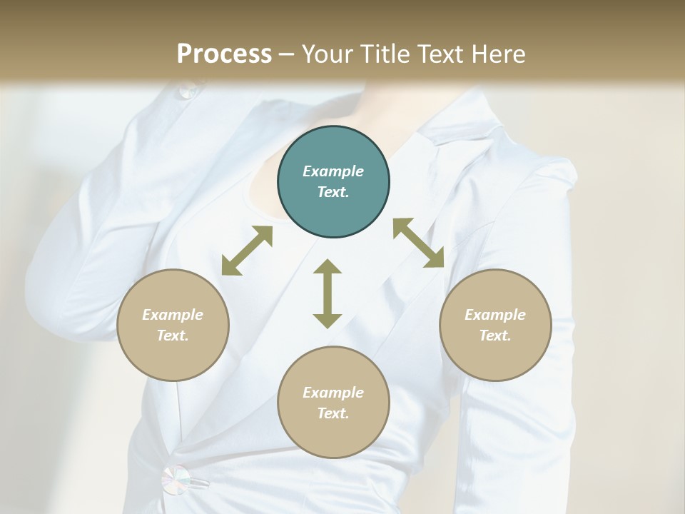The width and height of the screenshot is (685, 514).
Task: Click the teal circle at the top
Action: click(x=333, y=182)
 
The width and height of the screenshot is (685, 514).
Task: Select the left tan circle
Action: click(x=173, y=325)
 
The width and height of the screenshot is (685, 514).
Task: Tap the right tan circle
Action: click(x=495, y=325)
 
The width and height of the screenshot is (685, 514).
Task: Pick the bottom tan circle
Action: click(x=333, y=402)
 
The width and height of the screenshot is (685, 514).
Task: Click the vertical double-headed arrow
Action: click(x=328, y=293)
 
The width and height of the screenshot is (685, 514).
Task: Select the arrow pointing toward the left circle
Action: click(x=247, y=251)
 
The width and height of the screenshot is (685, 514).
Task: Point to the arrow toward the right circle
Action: click(x=418, y=243)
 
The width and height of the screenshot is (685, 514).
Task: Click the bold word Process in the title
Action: click(x=224, y=54)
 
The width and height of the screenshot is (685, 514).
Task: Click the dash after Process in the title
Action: click(x=286, y=54)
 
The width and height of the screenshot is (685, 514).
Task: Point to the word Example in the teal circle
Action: click(x=333, y=171)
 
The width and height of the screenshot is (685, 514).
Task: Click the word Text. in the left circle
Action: click(x=173, y=336)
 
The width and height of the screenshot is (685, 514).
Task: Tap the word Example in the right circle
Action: click(x=495, y=315)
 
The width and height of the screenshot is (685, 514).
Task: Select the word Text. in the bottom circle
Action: click(x=333, y=413)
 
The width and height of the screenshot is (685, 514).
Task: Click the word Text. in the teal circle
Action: click(x=333, y=193)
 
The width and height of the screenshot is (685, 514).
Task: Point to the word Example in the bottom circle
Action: click(x=333, y=393)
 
